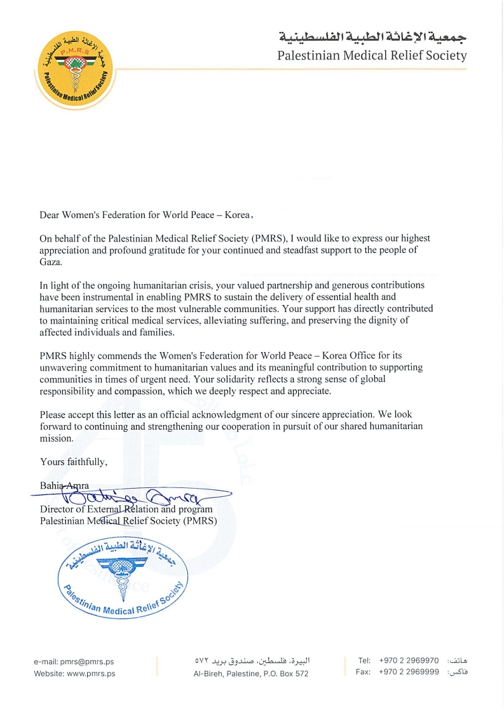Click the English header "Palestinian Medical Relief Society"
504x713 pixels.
point(372,55)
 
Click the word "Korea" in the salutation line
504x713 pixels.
point(238,215)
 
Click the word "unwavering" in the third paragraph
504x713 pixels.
point(65,367)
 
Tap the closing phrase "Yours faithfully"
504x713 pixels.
point(72,461)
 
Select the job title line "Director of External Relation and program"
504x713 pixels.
point(126,509)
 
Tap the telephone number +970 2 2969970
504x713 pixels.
point(409,661)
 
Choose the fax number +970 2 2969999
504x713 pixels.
point(409,672)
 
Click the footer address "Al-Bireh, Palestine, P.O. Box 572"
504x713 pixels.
point(251,674)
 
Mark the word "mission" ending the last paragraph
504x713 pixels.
point(56,438)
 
